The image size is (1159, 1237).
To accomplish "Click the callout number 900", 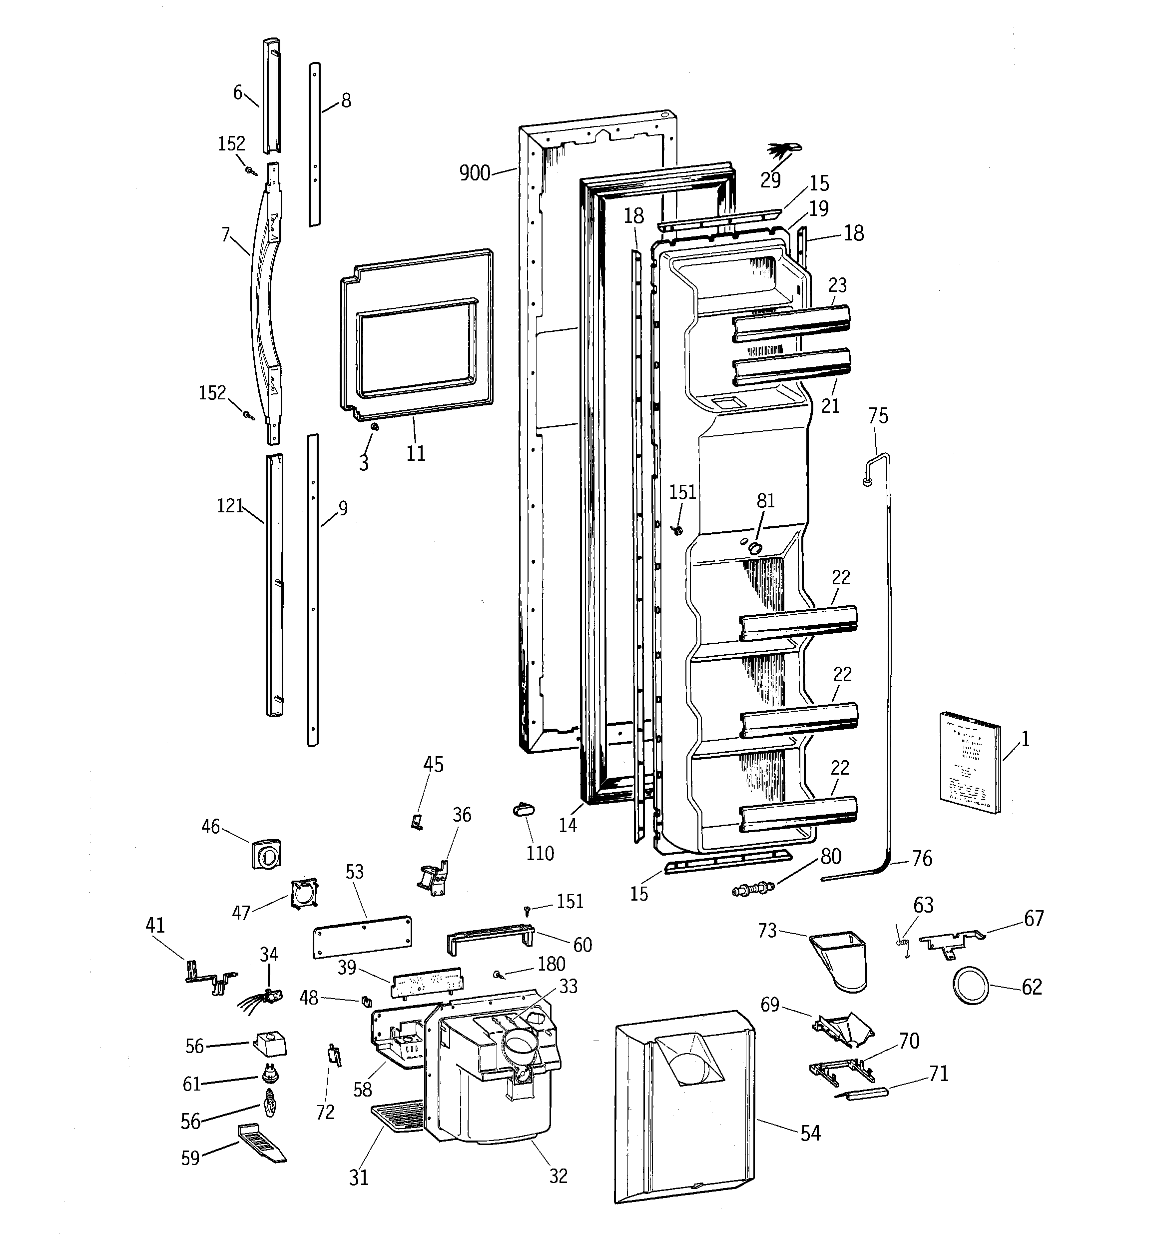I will pyautogui.click(x=475, y=172).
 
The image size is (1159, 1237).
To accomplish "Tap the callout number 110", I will pyautogui.click(x=540, y=853).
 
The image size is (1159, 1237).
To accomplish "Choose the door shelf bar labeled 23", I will pyautogui.click(x=790, y=323).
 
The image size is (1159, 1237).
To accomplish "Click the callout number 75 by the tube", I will pyautogui.click(x=878, y=416).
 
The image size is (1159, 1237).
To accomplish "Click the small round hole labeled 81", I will pyautogui.click(x=755, y=548).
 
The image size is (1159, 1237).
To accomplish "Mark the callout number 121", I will pyautogui.click(x=230, y=506).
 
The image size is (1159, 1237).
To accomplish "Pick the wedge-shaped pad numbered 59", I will pyautogui.click(x=261, y=1144).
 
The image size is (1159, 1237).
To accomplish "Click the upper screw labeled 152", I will pyautogui.click(x=251, y=170).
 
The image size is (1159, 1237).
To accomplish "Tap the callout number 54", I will pyautogui.click(x=810, y=1133).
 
